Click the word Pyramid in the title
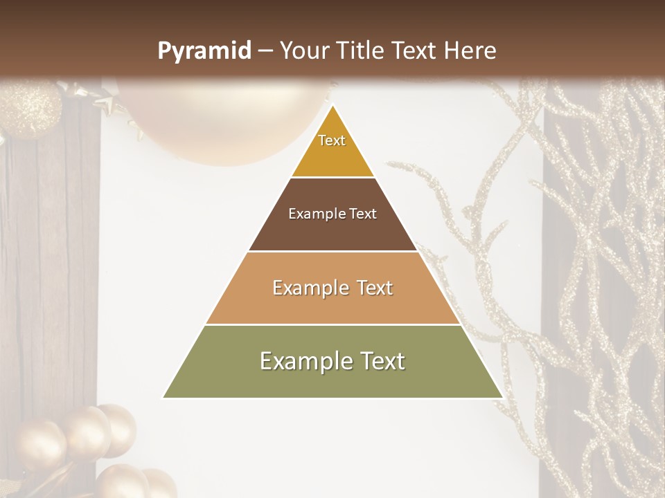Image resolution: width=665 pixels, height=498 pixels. (204, 51)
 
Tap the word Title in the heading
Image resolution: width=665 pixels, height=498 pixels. (358, 50)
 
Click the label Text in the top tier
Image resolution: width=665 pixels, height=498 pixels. (332, 140)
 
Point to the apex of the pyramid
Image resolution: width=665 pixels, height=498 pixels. (332, 106)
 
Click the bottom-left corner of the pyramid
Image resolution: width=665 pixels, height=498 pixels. (163, 397)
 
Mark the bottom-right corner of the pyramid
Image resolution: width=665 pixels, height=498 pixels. (502, 397)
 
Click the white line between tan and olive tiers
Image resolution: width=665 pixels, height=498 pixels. (332, 324)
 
